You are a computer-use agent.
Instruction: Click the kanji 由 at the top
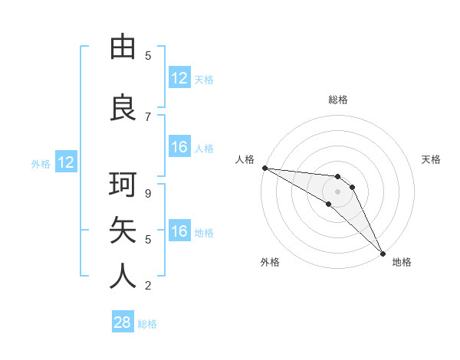coord(123,47)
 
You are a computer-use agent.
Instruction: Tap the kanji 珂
coord(123,185)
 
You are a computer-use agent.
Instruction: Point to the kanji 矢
coord(123,231)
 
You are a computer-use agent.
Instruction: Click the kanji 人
coord(123,277)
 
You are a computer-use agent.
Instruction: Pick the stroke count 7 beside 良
coord(148,117)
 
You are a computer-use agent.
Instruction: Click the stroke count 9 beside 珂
coord(148,194)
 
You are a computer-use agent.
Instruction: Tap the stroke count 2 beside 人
coord(148,286)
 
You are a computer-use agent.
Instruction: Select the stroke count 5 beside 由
coord(148,56)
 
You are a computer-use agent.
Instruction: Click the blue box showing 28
coord(123,322)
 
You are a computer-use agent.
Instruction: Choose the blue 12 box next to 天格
coord(179,78)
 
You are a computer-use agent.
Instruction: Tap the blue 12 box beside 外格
coord(66,162)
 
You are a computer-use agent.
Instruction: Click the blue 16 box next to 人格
coord(179,147)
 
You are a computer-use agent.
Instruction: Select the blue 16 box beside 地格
coord(179,231)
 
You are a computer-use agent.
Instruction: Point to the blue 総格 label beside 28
coord(147,324)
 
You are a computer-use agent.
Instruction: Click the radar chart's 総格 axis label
coord(338,100)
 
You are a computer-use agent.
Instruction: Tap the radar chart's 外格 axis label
coord(270,262)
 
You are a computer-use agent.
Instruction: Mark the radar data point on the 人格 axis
coord(264,168)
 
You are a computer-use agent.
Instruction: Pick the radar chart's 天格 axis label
coord(432,159)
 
